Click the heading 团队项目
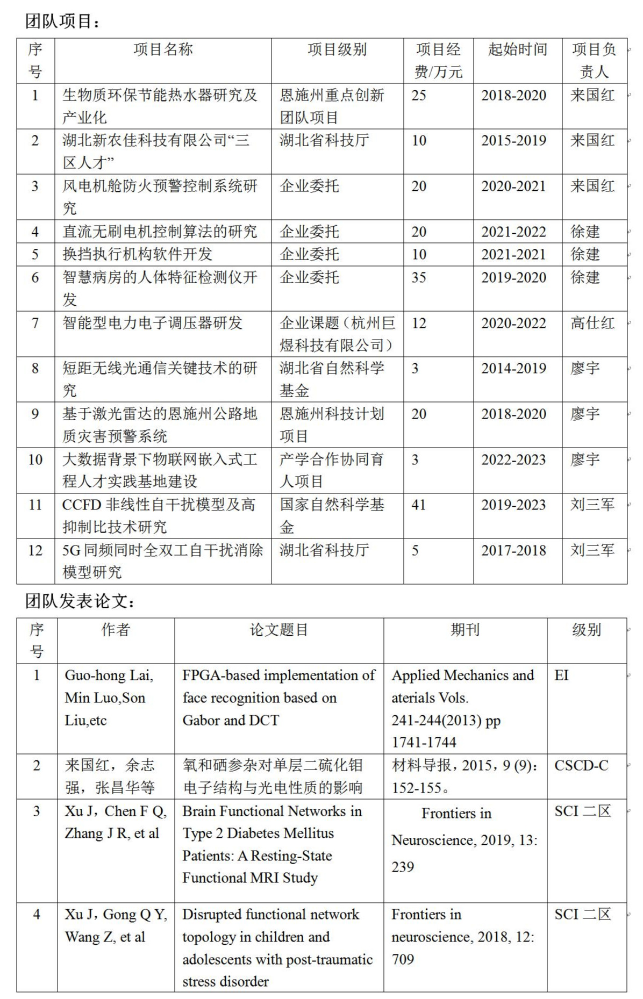(x=61, y=21)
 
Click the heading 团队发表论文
(x=79, y=601)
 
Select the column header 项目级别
(x=337, y=50)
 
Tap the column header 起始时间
(x=517, y=50)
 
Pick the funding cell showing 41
(x=419, y=505)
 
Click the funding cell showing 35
(x=419, y=278)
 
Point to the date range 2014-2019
(x=513, y=369)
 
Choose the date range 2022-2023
(x=513, y=460)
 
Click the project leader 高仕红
(x=592, y=323)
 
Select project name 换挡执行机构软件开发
(x=138, y=254)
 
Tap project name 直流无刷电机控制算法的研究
(x=160, y=232)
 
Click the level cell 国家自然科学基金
(x=332, y=515)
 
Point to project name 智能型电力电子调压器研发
(x=153, y=323)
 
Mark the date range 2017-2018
(x=513, y=551)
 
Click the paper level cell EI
(x=561, y=675)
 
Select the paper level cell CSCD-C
(x=581, y=766)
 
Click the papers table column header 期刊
(x=465, y=630)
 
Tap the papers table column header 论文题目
(x=278, y=630)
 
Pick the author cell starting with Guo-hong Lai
(x=109, y=698)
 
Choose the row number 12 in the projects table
(x=35, y=551)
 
